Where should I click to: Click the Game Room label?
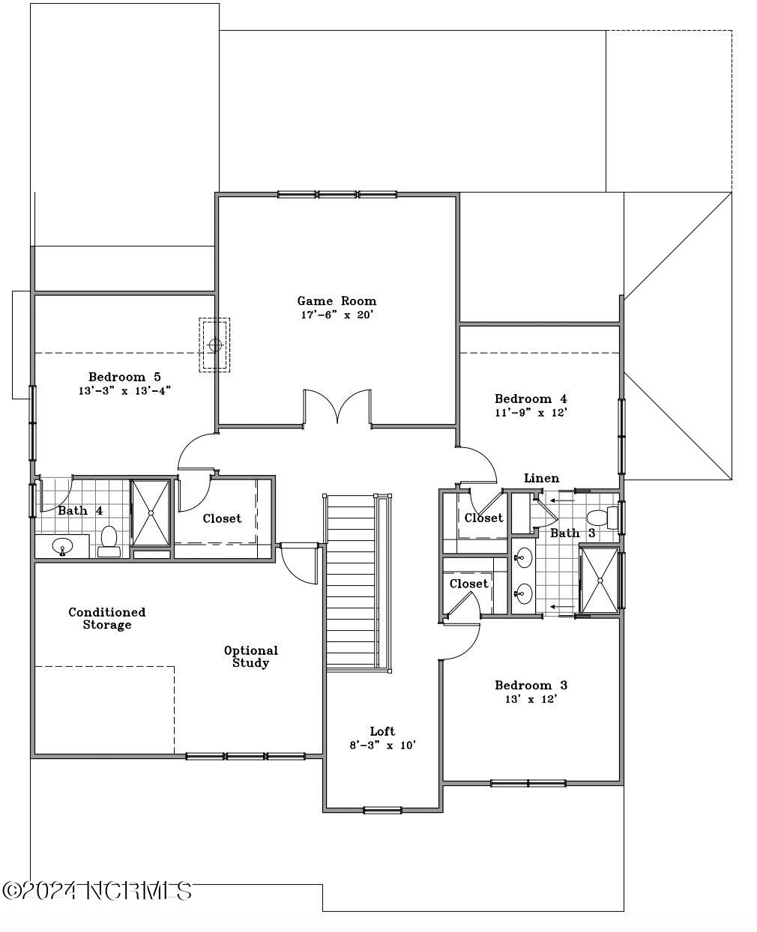tap(337, 300)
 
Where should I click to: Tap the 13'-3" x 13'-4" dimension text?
tap(124, 390)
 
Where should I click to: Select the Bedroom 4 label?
tap(531, 399)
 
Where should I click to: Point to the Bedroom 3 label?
tap(531, 686)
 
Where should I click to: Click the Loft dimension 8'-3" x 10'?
tap(382, 745)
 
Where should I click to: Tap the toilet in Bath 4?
tap(109, 541)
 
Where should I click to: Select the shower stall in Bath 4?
tap(151, 512)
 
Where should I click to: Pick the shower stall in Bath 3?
tap(600, 580)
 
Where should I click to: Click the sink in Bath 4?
tap(62, 546)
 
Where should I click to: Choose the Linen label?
tap(541, 478)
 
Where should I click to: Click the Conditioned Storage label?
tap(106, 618)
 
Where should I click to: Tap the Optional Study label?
tap(251, 656)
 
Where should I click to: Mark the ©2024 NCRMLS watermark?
tap(97, 890)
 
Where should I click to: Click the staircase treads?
tap(351, 581)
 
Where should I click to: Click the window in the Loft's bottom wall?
tap(382, 811)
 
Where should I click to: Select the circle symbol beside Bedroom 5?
tap(214, 345)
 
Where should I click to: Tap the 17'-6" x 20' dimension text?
tap(337, 315)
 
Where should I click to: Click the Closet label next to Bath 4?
tap(222, 518)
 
